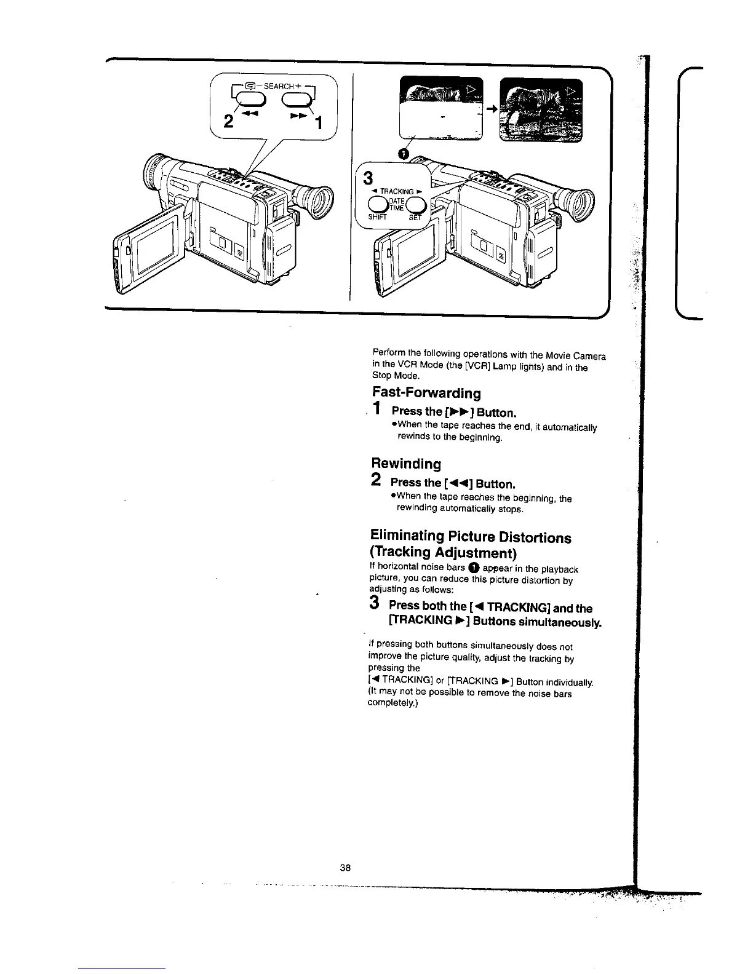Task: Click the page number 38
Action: click(x=345, y=868)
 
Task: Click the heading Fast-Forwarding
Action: click(x=426, y=392)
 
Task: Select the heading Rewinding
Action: click(x=406, y=463)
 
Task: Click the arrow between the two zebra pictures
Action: click(x=491, y=108)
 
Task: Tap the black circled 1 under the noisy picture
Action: click(x=403, y=154)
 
